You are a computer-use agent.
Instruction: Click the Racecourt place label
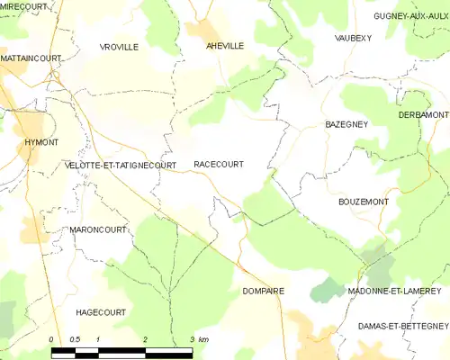click(218, 165)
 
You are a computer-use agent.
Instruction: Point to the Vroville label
click(119, 47)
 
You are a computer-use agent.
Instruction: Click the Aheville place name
click(225, 46)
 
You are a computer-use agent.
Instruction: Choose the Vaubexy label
click(353, 38)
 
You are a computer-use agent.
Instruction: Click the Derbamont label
click(423, 116)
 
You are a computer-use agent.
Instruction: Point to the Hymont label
click(17, 143)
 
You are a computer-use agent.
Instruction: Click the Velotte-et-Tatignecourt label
click(121, 166)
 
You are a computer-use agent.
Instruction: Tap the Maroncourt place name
click(96, 230)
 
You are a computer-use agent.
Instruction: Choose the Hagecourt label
click(100, 311)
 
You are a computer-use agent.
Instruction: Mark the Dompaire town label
click(263, 292)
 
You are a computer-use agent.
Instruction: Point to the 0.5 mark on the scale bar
click(75, 339)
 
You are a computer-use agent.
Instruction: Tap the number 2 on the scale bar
click(145, 339)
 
